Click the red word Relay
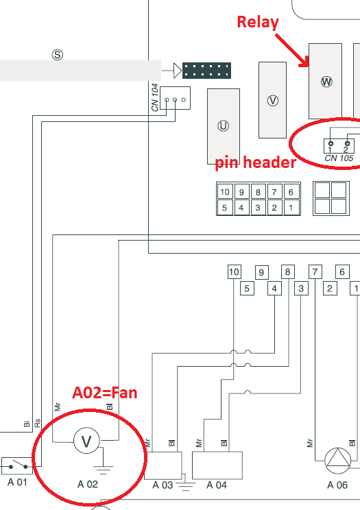click(258, 22)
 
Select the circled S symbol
click(58, 54)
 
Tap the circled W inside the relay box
click(326, 82)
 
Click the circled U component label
click(223, 125)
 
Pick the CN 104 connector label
click(156, 97)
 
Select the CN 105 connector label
click(339, 158)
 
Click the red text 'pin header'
click(255, 162)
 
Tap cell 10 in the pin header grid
click(224, 192)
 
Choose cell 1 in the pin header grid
click(291, 207)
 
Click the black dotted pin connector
click(206, 69)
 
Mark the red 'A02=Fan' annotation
click(105, 393)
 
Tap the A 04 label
click(216, 485)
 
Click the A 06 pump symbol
click(337, 459)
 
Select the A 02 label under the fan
click(88, 484)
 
